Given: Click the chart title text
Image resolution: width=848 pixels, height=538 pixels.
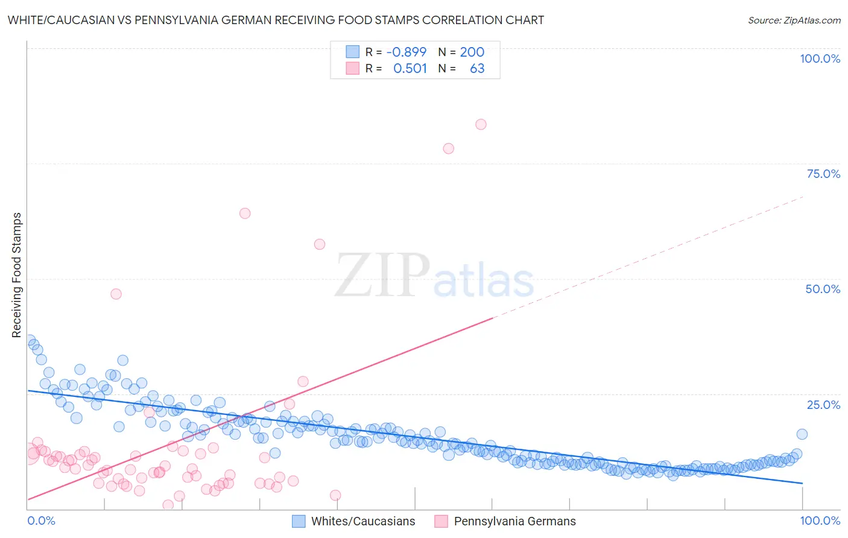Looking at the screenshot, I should tap(276, 20).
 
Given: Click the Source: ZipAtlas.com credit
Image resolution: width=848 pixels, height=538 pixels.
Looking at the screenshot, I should tap(794, 20).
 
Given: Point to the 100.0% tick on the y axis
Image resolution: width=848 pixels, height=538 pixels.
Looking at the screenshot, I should tap(820, 59).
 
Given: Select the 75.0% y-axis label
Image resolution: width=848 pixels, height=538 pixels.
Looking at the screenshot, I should tap(823, 174).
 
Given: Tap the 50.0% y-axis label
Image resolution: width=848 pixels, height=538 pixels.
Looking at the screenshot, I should tap(823, 289).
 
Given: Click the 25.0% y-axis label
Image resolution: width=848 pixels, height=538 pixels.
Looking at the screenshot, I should tap(823, 404).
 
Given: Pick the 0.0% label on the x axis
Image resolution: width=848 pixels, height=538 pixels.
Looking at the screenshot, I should tap(41, 521).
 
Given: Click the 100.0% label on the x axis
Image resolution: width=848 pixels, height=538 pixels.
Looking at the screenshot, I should tap(820, 521).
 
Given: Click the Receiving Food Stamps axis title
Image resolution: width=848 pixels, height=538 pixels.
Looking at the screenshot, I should tap(17, 275).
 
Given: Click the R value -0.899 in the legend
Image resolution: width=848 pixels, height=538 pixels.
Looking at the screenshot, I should tap(407, 52).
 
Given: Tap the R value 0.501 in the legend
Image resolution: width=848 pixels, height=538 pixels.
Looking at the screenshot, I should tap(410, 68).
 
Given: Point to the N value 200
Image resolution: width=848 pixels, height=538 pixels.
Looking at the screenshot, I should tap(472, 52).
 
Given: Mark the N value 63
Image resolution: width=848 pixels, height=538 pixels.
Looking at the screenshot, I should tap(477, 68).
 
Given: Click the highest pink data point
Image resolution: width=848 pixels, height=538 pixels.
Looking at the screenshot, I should tap(481, 124).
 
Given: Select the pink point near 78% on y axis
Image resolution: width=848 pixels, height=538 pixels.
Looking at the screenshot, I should tap(448, 148).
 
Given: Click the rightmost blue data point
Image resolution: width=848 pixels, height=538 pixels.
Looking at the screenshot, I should tap(802, 434).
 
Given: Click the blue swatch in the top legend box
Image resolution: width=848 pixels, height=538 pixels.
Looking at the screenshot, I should tap(352, 52).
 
